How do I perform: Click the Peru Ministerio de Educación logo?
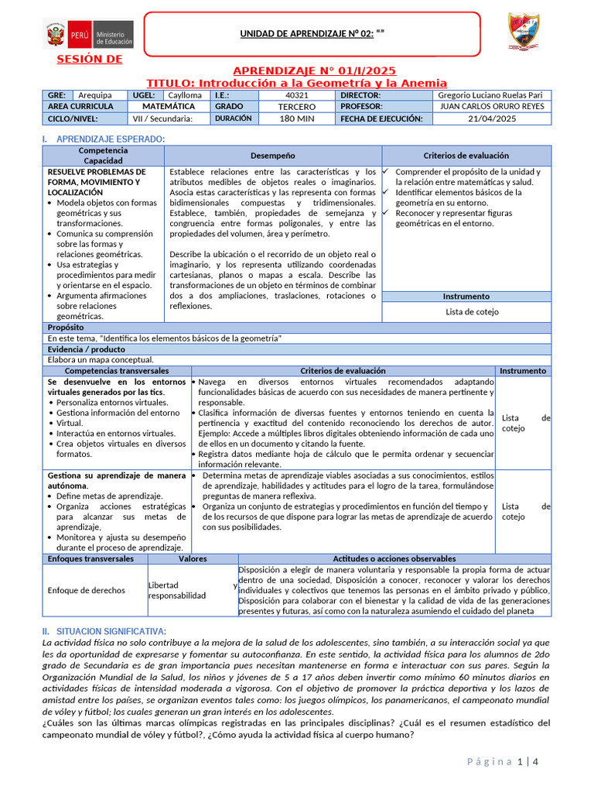click(x=90, y=35)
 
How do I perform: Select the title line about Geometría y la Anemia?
click(x=297, y=83)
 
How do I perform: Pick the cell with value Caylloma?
click(x=186, y=94)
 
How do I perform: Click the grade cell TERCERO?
click(x=297, y=106)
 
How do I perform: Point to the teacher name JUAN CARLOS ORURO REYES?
click(x=491, y=106)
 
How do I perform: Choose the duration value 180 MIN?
click(x=296, y=118)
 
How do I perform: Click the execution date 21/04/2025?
click(x=491, y=118)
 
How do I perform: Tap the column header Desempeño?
click(x=272, y=155)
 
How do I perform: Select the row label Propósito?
click(x=66, y=328)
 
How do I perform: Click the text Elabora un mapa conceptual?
click(x=101, y=359)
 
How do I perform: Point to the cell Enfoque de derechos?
click(x=86, y=590)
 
